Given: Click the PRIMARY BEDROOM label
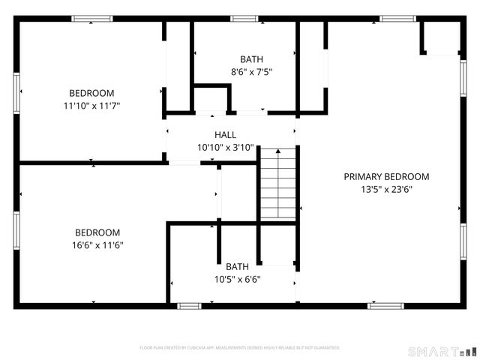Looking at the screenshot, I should coord(386,177).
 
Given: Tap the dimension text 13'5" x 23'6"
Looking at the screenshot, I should coord(386,190).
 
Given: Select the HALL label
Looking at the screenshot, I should coord(225,135).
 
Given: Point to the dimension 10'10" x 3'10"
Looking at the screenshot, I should coord(225,148).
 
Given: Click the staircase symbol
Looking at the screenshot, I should coord(279,184).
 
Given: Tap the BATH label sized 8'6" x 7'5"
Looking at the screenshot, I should coord(251,59).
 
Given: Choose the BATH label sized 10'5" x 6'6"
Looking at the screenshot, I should coord(237,267).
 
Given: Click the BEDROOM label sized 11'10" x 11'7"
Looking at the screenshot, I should coord(91,93).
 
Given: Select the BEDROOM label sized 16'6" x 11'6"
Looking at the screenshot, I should coord(97,232).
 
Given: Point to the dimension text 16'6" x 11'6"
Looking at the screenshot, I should coord(97,245).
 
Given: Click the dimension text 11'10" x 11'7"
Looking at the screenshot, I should coord(91,106).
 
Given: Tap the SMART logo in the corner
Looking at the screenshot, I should coord(442,351).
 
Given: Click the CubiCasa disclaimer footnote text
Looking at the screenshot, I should coord(240,348).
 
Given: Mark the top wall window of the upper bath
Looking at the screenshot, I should coord(244,19).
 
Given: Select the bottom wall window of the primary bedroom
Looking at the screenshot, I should coord(386,306).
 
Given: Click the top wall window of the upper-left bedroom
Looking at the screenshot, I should coord(92,19).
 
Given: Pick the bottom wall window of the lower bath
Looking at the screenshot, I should coord(189,306).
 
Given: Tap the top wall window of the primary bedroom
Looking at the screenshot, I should coord(397,19).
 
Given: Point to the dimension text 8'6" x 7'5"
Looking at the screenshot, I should coord(251,73).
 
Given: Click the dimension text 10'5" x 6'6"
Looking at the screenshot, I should coord(237,280).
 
